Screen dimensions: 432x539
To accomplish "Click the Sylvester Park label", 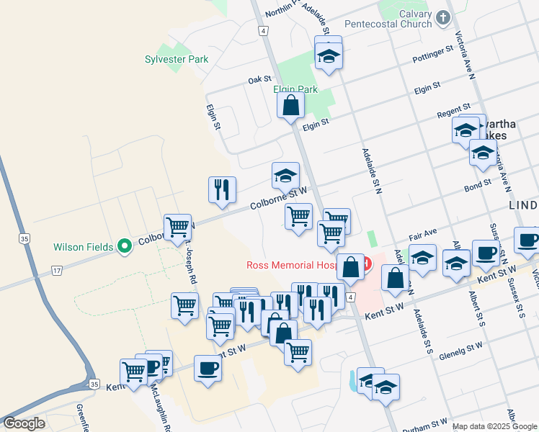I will click(177, 59).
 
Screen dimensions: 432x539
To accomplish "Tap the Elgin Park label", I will click(295, 89).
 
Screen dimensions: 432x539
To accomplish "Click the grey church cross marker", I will click(444, 17).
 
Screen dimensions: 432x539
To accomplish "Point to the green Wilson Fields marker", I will click(125, 246).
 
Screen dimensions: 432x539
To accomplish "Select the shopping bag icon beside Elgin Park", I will click(290, 105).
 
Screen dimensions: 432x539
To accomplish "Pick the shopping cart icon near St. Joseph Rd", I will click(177, 228).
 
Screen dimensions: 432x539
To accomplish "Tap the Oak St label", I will click(259, 80).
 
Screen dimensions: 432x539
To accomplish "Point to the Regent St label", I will click(453, 115).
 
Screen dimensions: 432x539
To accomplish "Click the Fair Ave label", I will click(423, 235).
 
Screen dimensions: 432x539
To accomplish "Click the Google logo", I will click(24, 423).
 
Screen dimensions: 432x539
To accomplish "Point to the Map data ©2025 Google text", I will click(494, 426).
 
